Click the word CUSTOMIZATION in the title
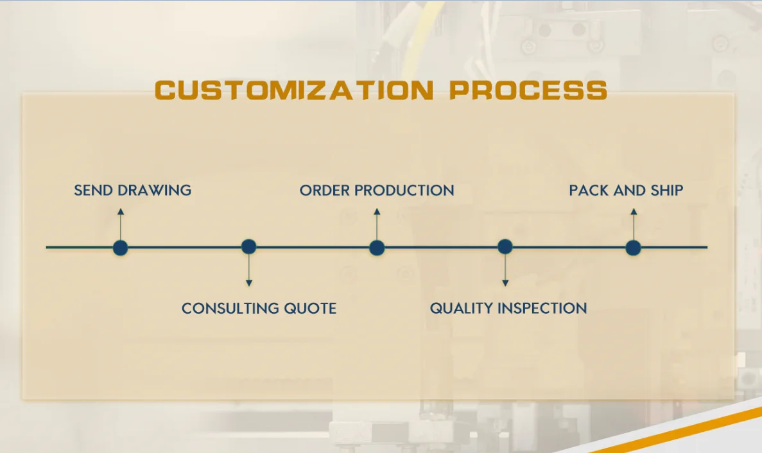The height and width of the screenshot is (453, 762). pos(294,90)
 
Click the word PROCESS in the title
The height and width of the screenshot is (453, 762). pos(528,90)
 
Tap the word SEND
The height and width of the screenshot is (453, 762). pos(93,191)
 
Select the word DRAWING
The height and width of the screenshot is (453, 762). pos(155,191)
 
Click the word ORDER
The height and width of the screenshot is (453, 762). pos(324,191)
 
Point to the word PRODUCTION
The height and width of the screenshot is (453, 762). pos(404,191)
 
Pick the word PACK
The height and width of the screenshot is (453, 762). pos(589,191)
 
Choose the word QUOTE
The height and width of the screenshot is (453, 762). pos(310,309)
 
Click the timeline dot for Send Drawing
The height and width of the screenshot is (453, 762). pos(120,248)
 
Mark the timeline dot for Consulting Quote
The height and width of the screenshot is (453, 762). pos(249,246)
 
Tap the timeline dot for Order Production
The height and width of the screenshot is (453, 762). pos(377,248)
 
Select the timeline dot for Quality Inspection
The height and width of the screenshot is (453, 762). pos(505,246)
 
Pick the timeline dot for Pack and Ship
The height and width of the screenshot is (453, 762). pos(633,248)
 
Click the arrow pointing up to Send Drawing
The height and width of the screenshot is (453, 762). pos(121,225)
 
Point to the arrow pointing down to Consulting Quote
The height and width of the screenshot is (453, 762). pos(249,270)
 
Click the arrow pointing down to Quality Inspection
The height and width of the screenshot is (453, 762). pos(505,270)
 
